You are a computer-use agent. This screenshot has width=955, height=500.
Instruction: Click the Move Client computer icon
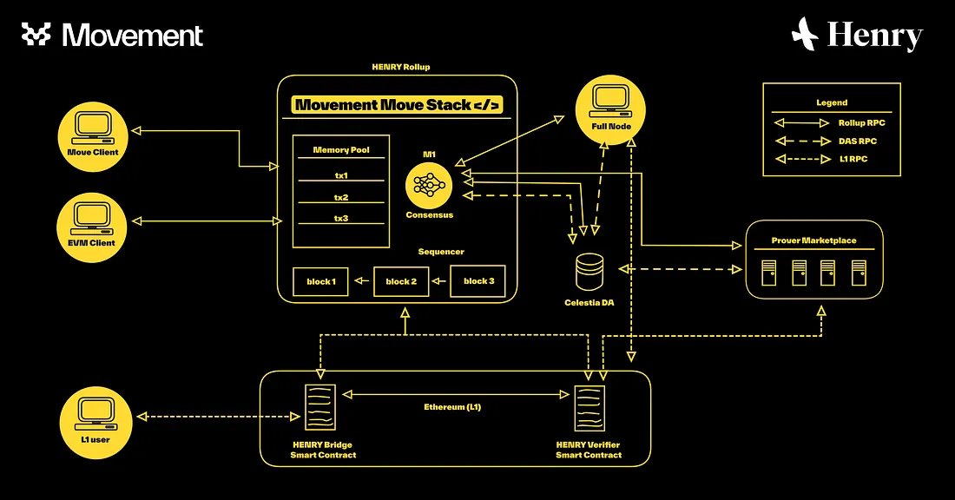point(92,128)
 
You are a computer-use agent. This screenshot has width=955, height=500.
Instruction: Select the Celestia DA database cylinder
point(589,272)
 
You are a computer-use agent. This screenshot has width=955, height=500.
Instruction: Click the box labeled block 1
point(320,282)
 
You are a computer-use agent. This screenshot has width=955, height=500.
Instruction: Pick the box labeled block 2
point(401,282)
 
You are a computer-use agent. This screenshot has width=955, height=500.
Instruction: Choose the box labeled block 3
point(478,282)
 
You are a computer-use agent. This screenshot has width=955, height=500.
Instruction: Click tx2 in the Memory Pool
point(340,197)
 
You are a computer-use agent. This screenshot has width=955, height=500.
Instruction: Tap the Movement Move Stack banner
point(397,105)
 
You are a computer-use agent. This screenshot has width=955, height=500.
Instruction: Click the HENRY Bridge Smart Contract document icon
point(319,407)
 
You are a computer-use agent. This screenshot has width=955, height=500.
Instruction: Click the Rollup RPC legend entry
point(831,122)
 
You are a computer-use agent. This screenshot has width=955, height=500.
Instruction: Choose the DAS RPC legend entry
point(831,141)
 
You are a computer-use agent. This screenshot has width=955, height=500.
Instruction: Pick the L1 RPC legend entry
point(831,159)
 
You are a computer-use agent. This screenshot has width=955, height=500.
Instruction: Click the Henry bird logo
point(806,35)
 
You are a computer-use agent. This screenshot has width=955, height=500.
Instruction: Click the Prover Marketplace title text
point(814,240)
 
